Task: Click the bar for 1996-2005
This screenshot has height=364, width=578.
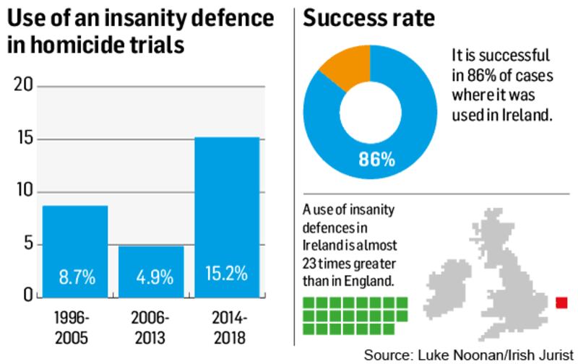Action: click(x=75, y=251)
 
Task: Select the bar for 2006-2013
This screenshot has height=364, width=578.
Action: click(x=150, y=272)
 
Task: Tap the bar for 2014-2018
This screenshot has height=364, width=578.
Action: click(x=227, y=217)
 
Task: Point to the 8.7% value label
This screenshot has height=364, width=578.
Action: click(x=75, y=275)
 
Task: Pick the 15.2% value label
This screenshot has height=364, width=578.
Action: click(x=227, y=274)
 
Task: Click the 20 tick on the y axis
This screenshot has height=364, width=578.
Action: click(x=24, y=86)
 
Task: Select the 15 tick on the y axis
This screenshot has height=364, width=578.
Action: click(x=24, y=139)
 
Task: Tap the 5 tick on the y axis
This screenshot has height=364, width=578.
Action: click(x=27, y=243)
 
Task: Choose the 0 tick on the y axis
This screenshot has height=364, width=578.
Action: click(x=27, y=295)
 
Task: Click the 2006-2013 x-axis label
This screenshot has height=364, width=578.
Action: click(x=150, y=326)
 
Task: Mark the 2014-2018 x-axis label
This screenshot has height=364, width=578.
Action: click(x=227, y=326)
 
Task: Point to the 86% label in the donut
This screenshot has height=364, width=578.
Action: click(x=376, y=159)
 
